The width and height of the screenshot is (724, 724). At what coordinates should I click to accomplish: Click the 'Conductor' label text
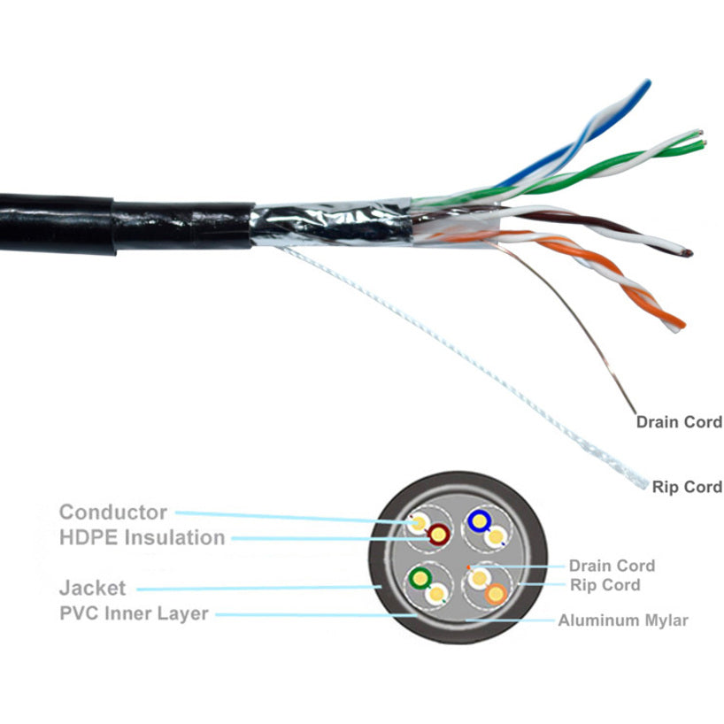click(x=112, y=512)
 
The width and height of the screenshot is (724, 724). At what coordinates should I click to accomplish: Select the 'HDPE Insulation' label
click(x=142, y=537)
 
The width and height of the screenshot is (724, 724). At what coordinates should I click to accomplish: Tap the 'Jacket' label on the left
click(x=92, y=587)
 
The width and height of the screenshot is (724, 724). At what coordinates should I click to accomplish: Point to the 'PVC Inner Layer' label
click(x=133, y=612)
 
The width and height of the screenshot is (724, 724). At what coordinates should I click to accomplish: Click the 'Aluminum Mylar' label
click(x=622, y=620)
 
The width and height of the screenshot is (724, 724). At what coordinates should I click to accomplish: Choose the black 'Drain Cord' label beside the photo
click(x=678, y=421)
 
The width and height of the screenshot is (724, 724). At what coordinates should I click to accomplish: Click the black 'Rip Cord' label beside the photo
click(x=686, y=486)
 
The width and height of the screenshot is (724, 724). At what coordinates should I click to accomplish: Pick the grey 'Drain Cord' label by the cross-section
click(x=612, y=566)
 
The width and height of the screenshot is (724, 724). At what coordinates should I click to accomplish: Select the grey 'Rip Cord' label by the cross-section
click(x=605, y=585)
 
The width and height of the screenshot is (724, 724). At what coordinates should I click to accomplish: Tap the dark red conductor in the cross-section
click(x=437, y=534)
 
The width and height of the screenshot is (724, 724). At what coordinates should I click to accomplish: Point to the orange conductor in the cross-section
click(x=497, y=594)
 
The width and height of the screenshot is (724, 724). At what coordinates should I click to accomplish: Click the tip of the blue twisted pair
click(x=646, y=84)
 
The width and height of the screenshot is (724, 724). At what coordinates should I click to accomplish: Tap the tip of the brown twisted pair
click(x=689, y=254)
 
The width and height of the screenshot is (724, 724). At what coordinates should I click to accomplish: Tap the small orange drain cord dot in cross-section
click(x=468, y=566)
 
